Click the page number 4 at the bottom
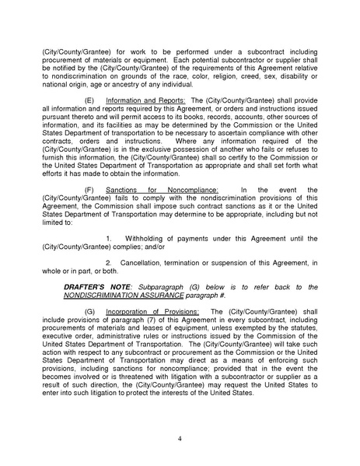180,440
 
